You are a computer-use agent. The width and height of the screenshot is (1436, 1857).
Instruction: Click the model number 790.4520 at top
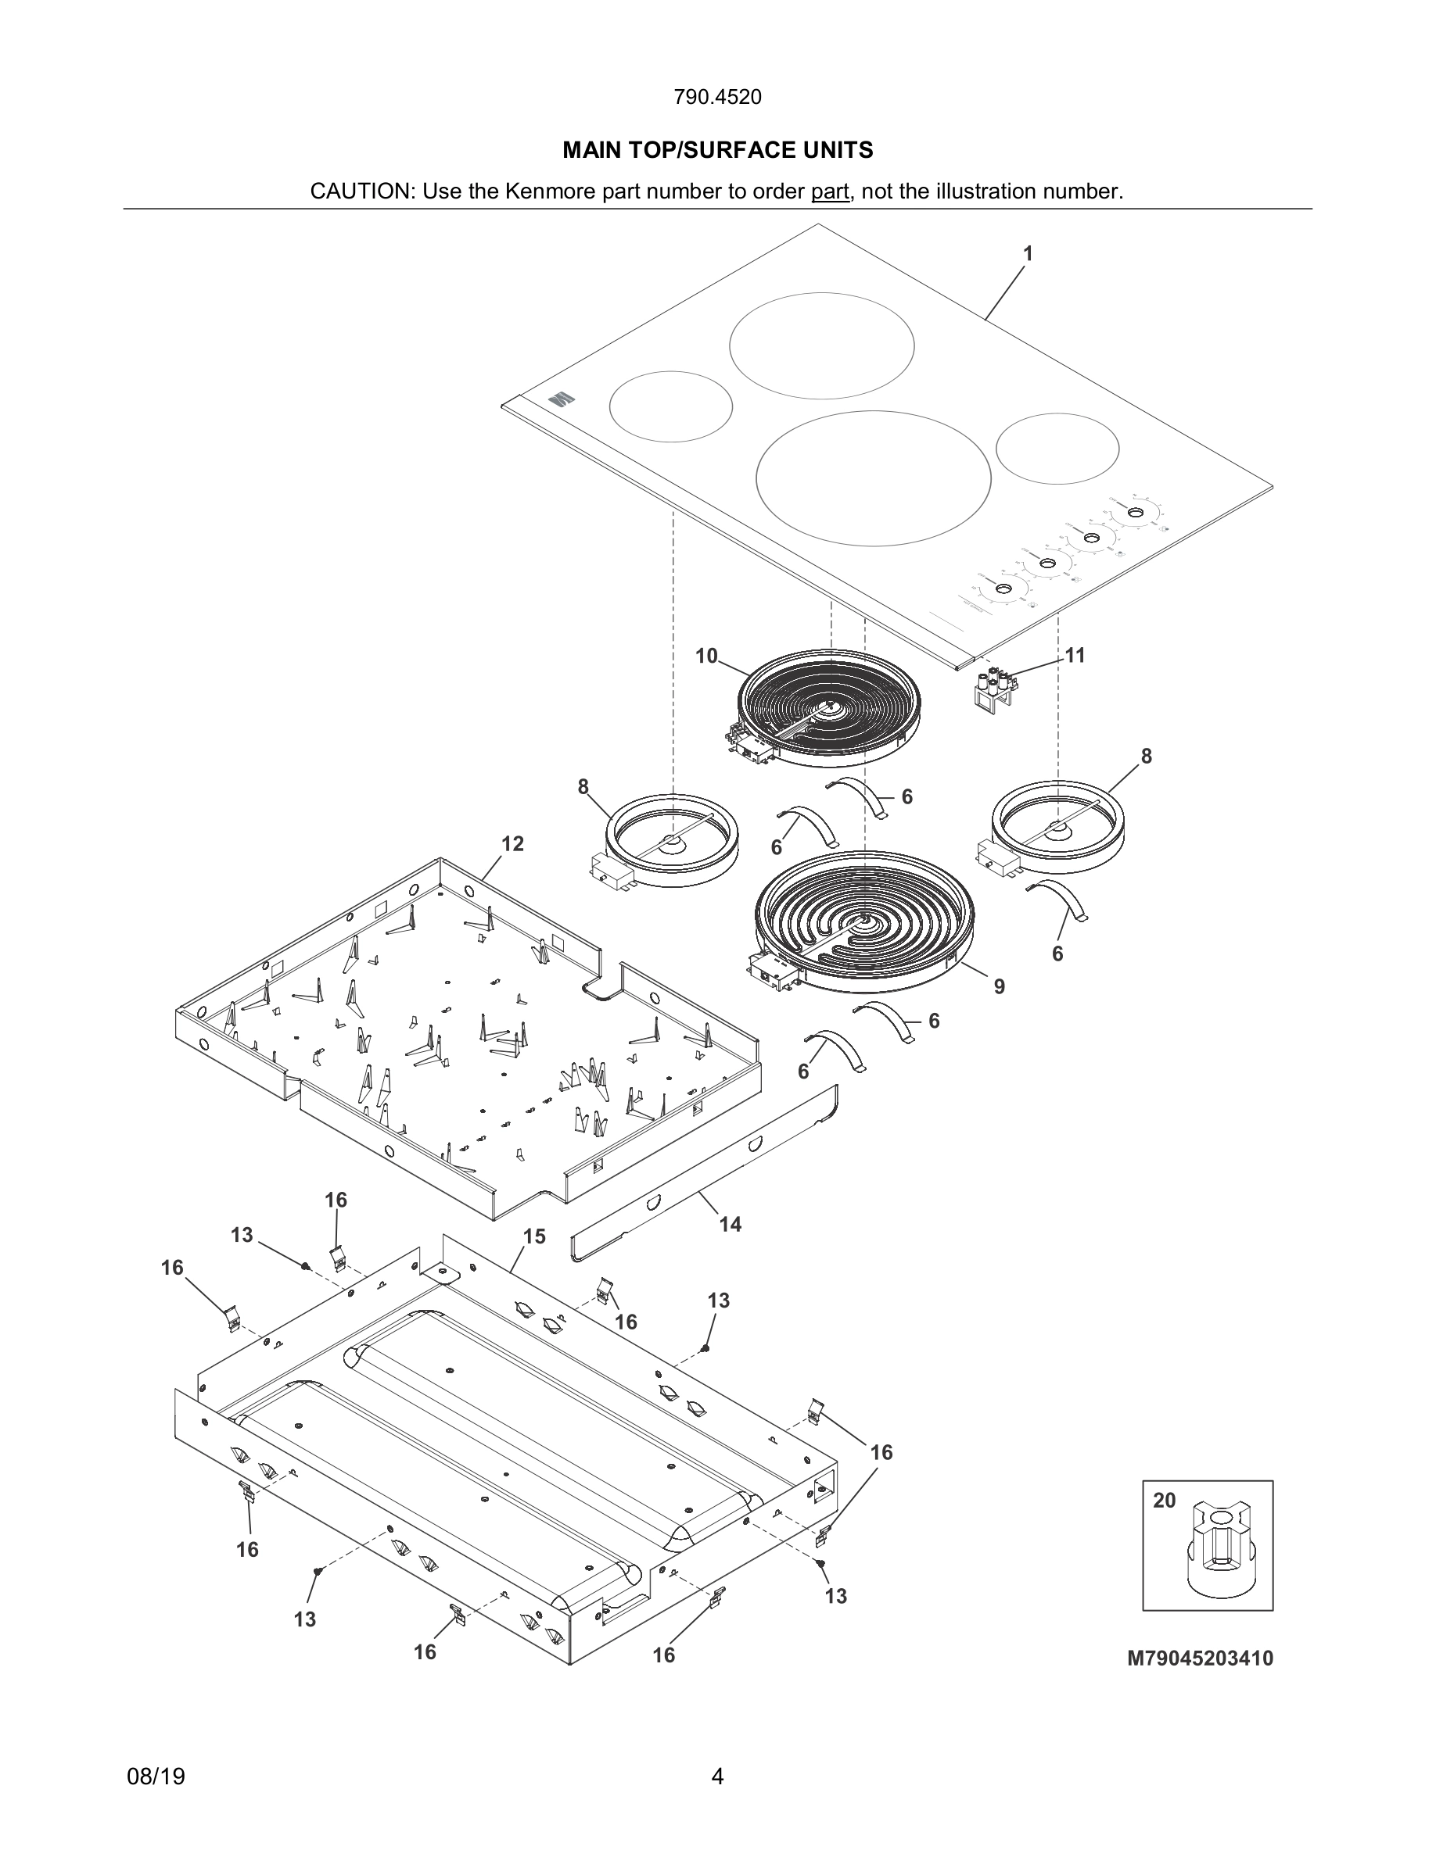(717, 97)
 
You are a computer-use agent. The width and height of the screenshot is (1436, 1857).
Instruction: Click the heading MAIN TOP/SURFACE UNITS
(717, 151)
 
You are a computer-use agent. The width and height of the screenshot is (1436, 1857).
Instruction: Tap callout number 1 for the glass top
(1028, 253)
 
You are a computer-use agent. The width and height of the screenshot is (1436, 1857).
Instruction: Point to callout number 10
(706, 656)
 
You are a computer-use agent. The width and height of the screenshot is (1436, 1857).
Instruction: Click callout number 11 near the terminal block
(1075, 655)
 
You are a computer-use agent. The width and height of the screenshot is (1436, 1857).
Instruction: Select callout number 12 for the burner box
(512, 843)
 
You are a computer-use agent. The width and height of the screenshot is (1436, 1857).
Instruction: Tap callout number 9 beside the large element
(1000, 986)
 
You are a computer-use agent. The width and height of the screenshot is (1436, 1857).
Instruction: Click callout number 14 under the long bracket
(730, 1225)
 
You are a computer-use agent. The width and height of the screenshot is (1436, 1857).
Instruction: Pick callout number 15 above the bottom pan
(533, 1236)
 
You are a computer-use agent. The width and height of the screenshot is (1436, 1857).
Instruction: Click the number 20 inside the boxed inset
(1165, 1500)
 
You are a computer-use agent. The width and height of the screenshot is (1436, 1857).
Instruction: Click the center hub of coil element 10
(828, 704)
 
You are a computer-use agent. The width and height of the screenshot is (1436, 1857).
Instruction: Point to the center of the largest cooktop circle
(873, 478)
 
